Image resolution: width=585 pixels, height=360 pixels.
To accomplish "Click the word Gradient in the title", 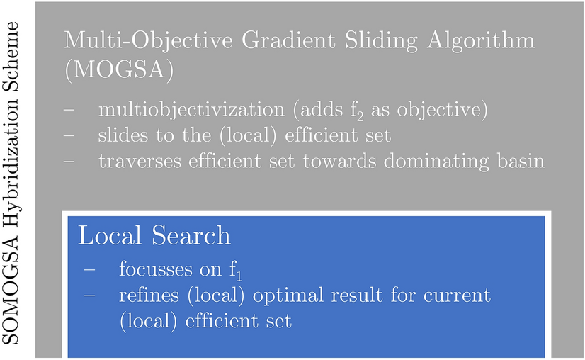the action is pos(289,40).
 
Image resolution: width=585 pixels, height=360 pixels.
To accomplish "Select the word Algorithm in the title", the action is pos(481,40).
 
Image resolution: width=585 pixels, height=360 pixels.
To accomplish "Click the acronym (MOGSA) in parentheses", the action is pos(119,70).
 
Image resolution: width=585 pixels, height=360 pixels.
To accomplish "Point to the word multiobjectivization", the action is pos(191,110).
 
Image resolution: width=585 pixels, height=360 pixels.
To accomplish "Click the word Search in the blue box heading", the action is pos(191,236).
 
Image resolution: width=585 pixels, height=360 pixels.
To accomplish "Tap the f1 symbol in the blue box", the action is pos(235,271).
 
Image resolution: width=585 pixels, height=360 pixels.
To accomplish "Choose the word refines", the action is pos(149,295).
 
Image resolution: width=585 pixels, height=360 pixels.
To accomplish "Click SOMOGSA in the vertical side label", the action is pos(11,290).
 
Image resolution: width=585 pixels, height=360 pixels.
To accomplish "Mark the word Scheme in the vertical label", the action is pos(11,56).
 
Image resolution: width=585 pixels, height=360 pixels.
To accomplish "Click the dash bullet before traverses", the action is pos(69,162).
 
